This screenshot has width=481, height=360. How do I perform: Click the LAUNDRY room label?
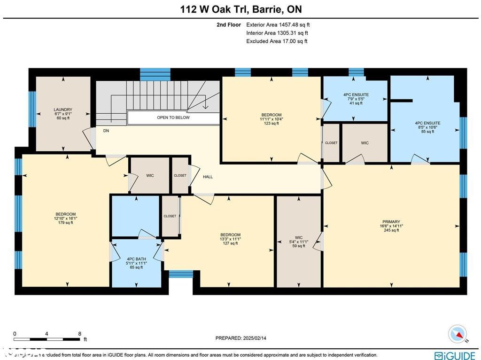click(63, 114)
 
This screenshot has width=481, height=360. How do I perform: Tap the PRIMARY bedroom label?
click(391, 226)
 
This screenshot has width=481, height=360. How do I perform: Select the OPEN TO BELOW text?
click(173, 117)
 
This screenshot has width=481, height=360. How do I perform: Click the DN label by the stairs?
click(106, 131)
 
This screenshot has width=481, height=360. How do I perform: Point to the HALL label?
click(208, 177)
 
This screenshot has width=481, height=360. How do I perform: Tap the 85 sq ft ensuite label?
click(427, 127)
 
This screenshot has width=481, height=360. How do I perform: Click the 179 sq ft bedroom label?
click(65, 219)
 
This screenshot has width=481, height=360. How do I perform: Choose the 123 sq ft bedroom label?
click(272, 119)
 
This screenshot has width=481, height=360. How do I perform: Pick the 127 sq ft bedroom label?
click(230, 239)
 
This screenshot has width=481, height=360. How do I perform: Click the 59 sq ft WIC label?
click(299, 242)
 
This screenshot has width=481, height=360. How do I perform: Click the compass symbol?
click(457, 334)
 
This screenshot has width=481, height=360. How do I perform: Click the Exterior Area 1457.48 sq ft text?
click(278, 25)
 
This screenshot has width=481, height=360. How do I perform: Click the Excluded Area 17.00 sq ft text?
click(277, 41)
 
